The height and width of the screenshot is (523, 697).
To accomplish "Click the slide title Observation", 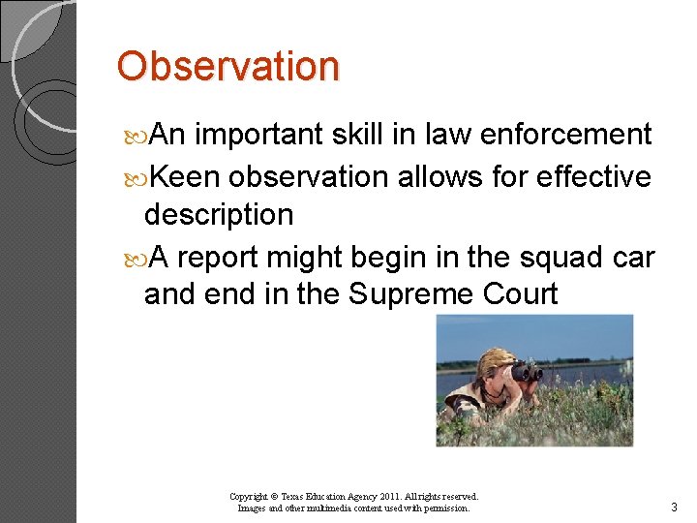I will [228, 67].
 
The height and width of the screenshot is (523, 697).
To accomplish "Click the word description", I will [218, 215].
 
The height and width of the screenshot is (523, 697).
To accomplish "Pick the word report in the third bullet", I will [222, 259].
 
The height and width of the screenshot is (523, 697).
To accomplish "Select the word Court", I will [524, 293].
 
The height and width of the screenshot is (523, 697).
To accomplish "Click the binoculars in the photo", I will [527, 371].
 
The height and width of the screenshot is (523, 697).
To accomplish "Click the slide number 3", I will [674, 508].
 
